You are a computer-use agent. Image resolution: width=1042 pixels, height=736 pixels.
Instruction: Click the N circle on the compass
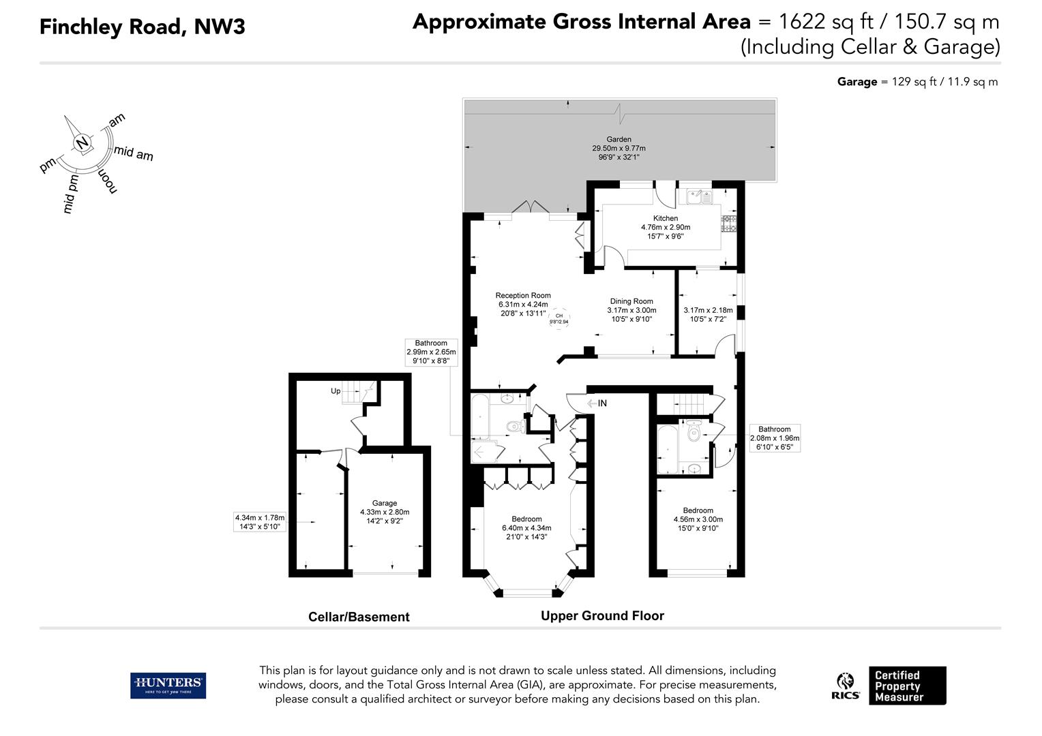tap(83, 142)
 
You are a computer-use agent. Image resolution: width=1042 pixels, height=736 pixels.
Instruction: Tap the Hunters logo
tap(168, 686)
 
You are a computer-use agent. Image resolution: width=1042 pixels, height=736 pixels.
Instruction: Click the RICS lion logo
tap(846, 686)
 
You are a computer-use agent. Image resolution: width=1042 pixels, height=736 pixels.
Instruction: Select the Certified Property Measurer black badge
tap(907, 686)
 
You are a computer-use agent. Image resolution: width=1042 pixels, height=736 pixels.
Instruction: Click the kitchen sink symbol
tap(699, 196)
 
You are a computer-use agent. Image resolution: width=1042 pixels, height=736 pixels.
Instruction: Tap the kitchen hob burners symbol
tap(729, 224)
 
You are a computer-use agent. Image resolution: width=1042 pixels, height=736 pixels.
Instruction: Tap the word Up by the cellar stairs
tap(336, 391)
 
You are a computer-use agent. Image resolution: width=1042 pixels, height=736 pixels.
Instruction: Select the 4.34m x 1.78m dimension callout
tap(260, 521)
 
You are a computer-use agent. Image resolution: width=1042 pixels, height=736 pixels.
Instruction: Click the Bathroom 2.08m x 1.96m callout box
tap(775, 438)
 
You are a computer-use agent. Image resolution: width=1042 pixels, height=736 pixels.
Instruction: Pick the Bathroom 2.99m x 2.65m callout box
tap(431, 352)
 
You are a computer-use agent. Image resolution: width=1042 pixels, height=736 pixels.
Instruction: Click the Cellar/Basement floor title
tap(359, 617)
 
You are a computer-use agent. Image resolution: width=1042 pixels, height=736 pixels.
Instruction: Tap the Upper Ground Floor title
tap(602, 615)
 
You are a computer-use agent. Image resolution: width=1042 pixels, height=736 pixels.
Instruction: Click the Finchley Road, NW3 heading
tap(143, 27)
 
